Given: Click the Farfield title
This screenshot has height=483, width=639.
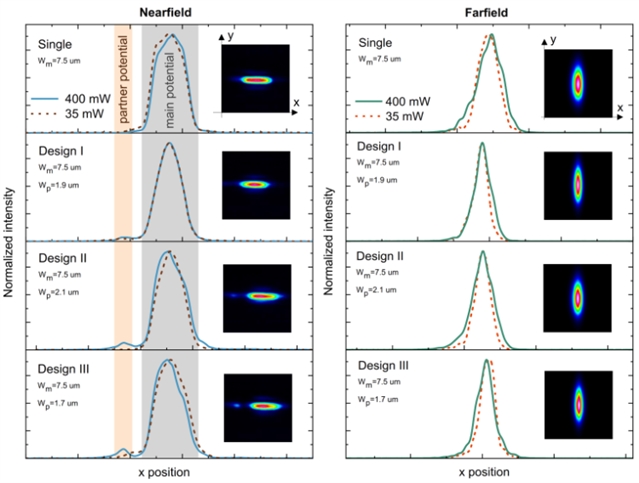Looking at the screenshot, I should (483, 10).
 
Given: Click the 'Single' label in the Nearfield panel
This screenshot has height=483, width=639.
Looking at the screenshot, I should (54, 44).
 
